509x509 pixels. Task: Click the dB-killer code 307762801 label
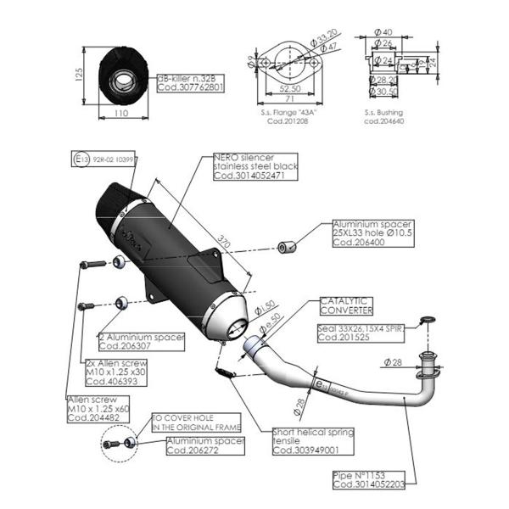[192, 87]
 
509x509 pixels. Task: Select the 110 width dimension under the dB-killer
[120, 111]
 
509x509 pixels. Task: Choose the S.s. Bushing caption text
[383, 113]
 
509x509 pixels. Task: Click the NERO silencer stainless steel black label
[255, 167]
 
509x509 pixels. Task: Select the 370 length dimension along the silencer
[222, 242]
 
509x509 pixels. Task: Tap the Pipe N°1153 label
[362, 481]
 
